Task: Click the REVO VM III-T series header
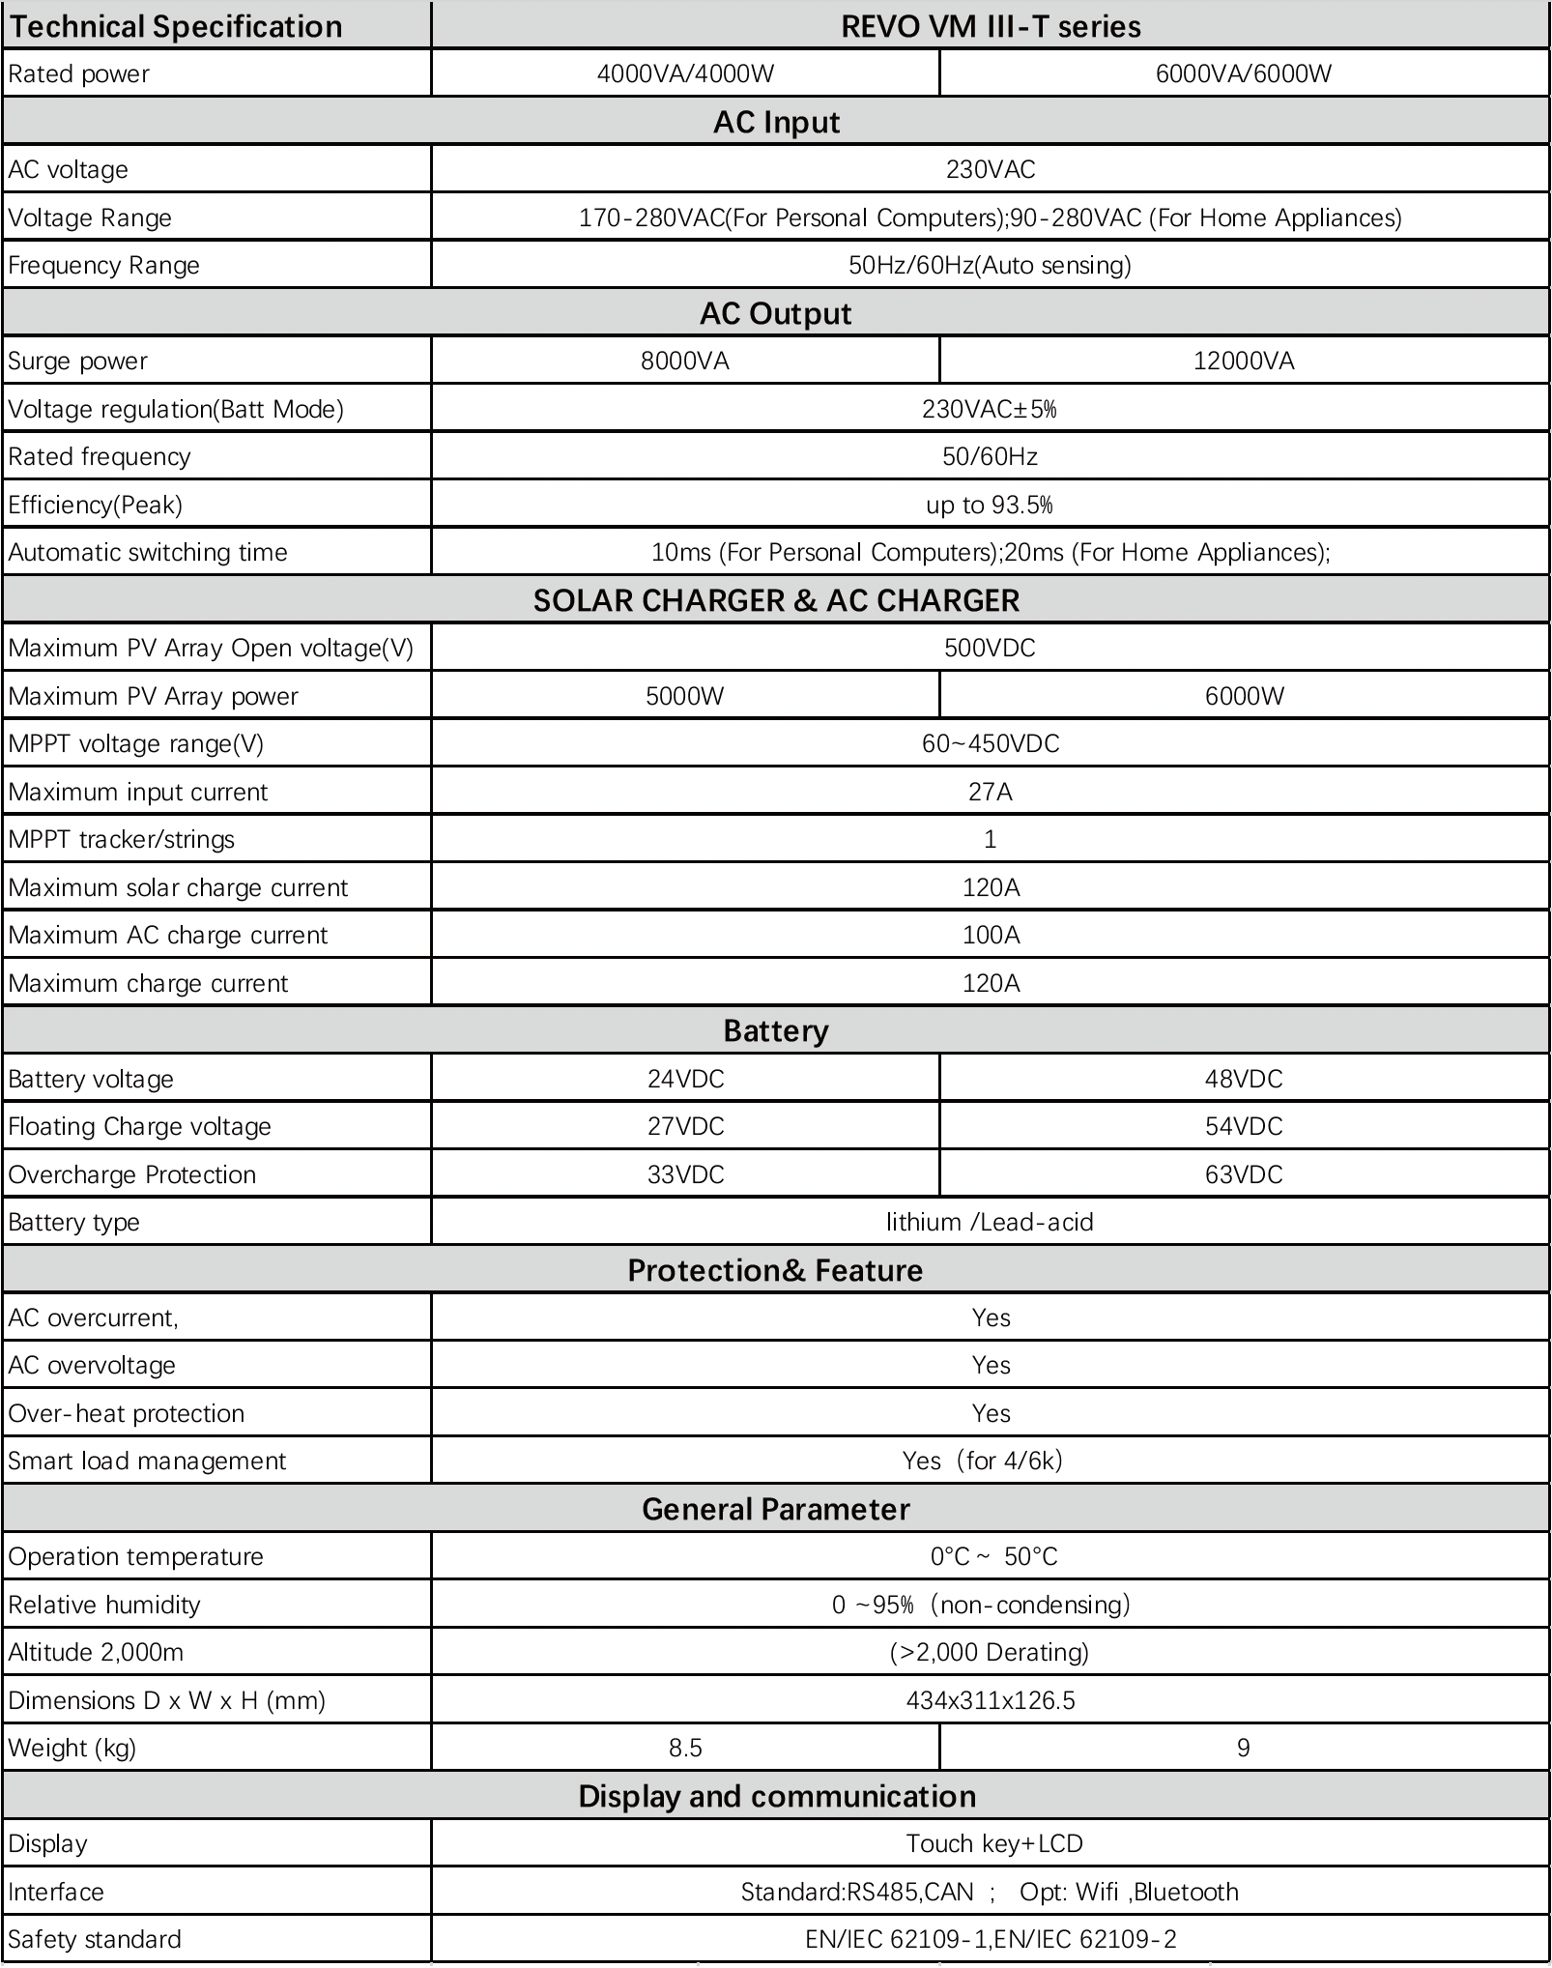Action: point(991,26)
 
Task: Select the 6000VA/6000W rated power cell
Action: point(1244,73)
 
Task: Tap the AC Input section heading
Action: point(776,122)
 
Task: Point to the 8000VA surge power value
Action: point(684,361)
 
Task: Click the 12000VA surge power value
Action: point(1244,361)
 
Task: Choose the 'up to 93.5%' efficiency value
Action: point(990,505)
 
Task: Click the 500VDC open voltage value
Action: point(990,648)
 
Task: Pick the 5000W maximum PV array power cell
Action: point(684,696)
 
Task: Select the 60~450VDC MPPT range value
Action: point(990,743)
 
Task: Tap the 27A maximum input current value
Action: point(990,792)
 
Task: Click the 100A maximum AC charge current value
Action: point(991,935)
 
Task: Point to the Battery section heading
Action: point(776,1030)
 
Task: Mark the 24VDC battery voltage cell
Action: point(685,1079)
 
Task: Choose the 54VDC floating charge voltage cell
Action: point(1244,1126)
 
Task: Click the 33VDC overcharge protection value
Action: point(685,1174)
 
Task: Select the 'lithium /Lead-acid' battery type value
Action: point(990,1222)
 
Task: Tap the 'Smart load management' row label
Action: point(147,1461)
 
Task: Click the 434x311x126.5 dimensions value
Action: point(990,1700)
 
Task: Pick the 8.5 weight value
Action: point(685,1748)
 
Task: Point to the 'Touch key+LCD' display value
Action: point(993,1843)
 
